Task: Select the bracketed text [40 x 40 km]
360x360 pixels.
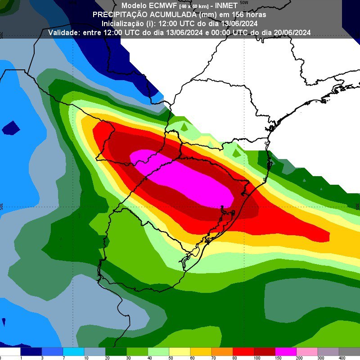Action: point(194,6)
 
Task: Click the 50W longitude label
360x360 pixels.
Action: point(244,2)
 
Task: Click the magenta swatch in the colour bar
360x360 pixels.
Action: point(285,351)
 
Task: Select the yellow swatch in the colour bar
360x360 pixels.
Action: point(180,351)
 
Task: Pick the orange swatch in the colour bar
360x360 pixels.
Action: point(222,351)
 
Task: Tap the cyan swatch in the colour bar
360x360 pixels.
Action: point(73,351)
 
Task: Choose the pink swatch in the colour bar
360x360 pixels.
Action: point(307,351)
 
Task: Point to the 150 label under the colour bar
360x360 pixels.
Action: point(275,358)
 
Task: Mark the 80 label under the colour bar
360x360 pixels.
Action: point(233,358)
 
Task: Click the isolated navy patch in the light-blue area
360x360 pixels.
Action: point(10,128)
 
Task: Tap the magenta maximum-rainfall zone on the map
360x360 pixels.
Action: point(189,178)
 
